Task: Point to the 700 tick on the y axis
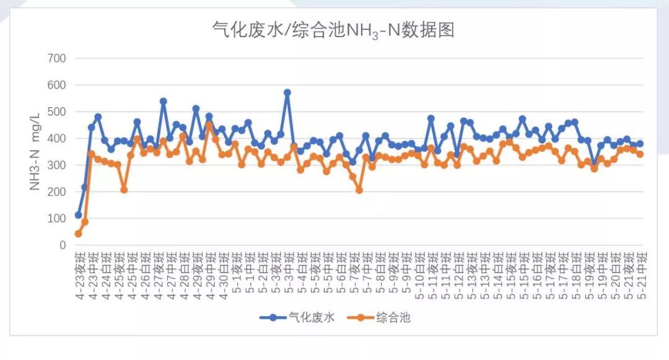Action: point(57,58)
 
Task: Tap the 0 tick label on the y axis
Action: point(61,245)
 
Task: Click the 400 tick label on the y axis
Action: point(57,138)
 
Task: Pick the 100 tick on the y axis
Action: point(57,219)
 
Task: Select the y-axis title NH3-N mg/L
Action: point(35,152)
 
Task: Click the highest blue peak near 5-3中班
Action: point(287,92)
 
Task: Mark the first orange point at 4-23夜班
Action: point(78,234)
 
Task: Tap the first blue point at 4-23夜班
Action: point(78,215)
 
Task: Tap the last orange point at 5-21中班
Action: point(640,154)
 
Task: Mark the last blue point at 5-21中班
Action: point(640,144)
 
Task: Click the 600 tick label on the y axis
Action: point(57,85)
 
